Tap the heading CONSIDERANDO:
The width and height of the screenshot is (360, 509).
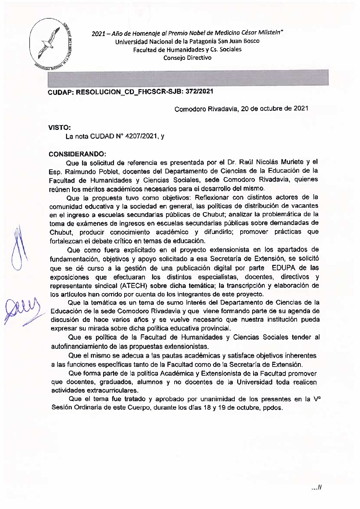[78, 154]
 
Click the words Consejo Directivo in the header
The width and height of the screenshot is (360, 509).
[187, 58]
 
